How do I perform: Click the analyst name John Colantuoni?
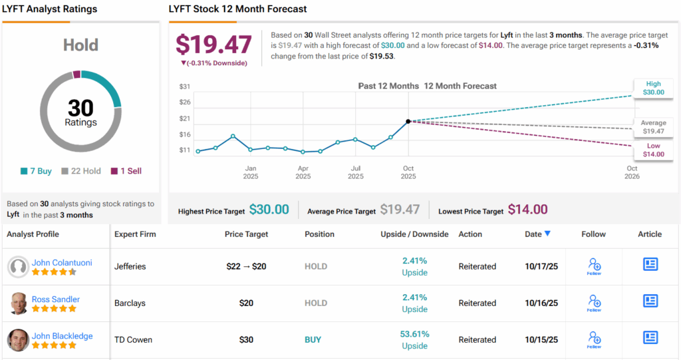point(62,262)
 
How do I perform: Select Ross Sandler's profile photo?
point(18,303)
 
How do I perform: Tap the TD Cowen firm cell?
point(133,340)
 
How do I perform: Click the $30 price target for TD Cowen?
point(247,340)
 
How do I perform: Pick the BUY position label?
point(313,340)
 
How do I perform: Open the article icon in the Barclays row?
point(650,301)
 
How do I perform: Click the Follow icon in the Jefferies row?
point(594,266)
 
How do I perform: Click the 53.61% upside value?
point(415,334)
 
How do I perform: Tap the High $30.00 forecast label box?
point(653,88)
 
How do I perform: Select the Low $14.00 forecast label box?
point(653,150)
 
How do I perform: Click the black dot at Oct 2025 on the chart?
point(408,121)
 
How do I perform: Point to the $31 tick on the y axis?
point(185,87)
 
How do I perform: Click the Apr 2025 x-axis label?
point(303,172)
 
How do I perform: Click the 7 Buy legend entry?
point(37,171)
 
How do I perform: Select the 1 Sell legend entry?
point(126,171)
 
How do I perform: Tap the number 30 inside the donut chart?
point(80,107)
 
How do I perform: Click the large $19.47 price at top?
point(213,45)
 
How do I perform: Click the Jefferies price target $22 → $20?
point(247,266)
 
